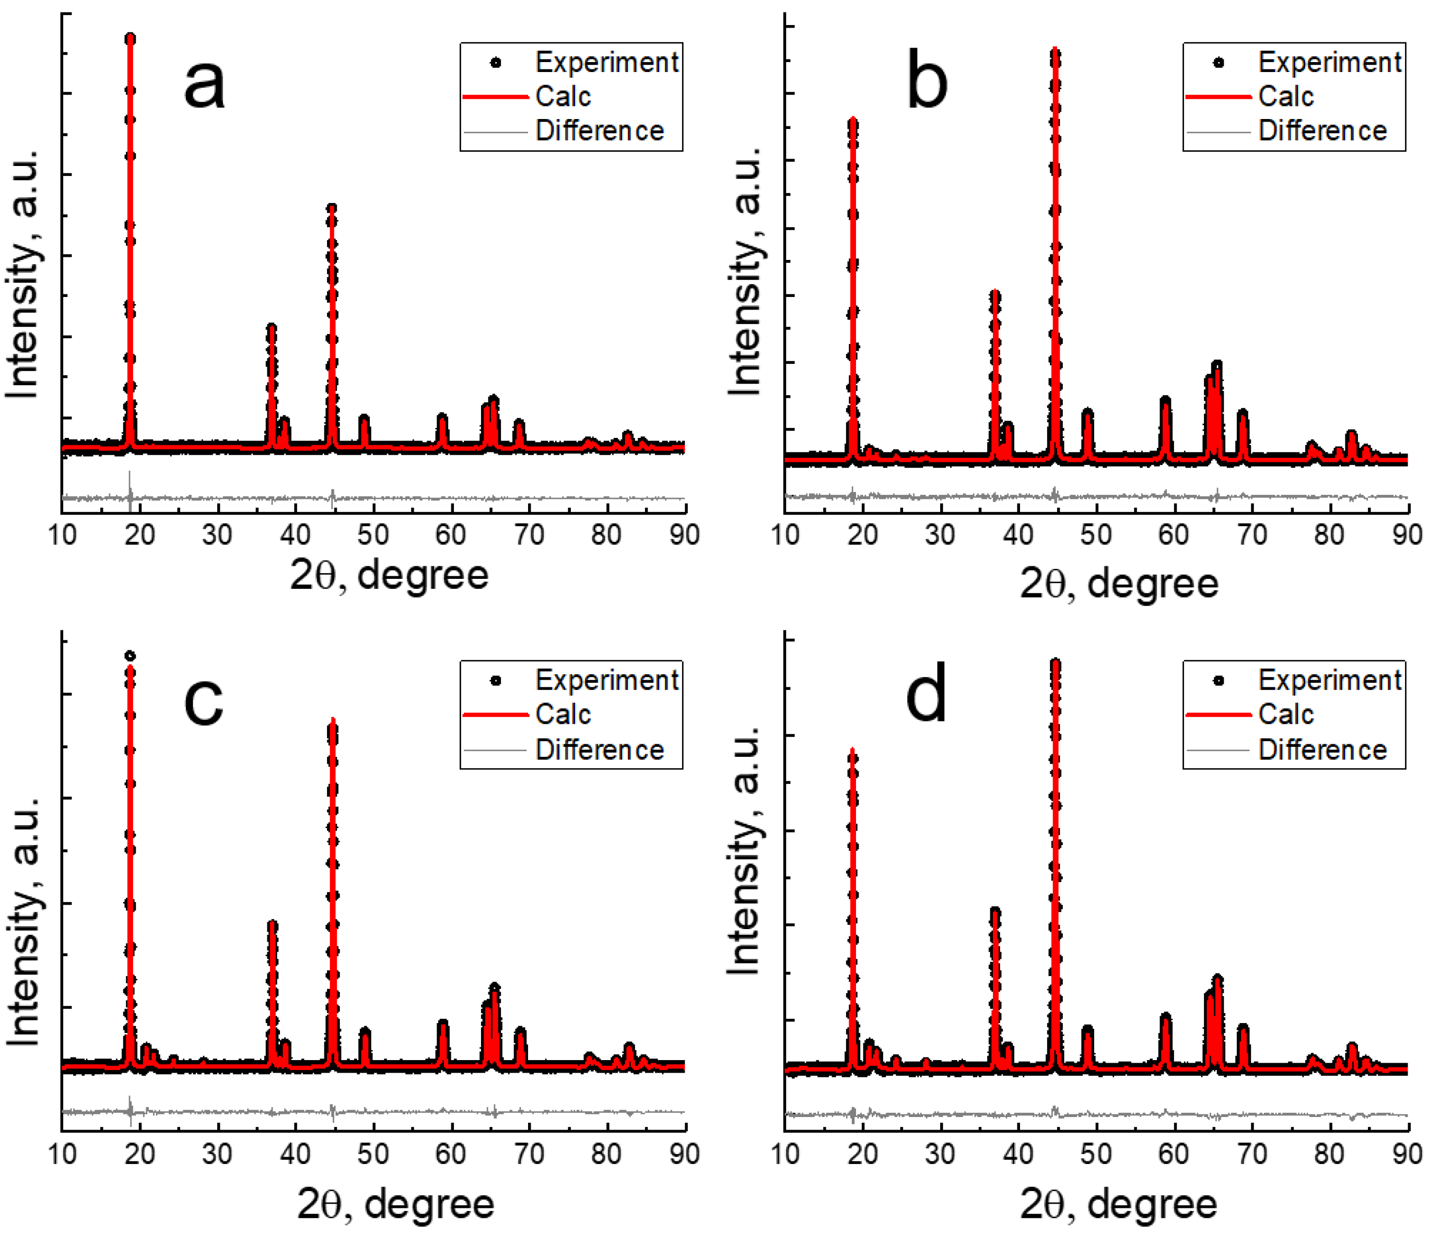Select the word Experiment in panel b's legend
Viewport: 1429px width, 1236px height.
[1329, 63]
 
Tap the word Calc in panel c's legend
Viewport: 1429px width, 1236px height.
[563, 714]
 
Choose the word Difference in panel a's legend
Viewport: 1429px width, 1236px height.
[600, 130]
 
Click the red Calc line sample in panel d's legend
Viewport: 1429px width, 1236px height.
[1218, 715]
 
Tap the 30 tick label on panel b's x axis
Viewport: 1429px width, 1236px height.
[940, 535]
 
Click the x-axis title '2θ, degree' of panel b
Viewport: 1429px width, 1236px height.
[1119, 584]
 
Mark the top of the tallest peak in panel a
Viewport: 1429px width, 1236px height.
[130, 38]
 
